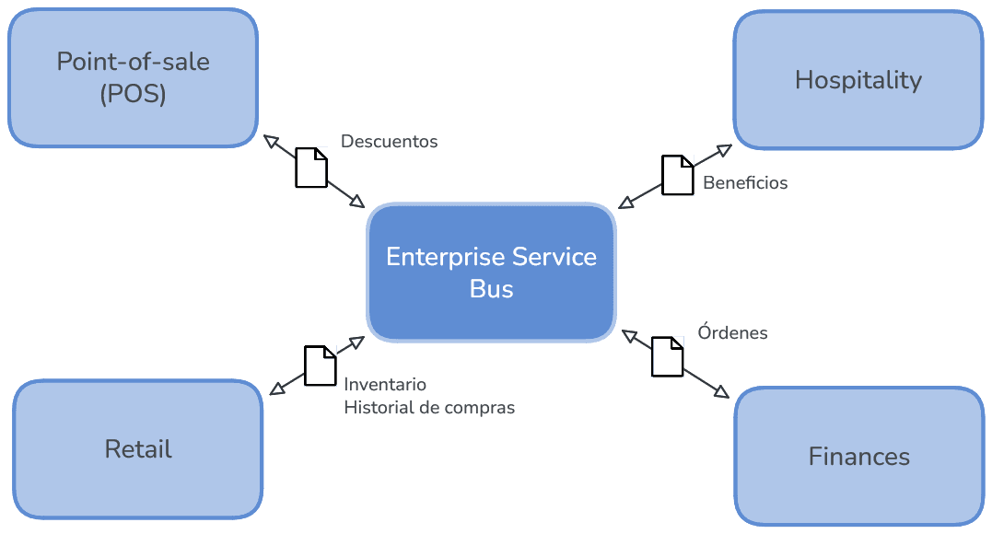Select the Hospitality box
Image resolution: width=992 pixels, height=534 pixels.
pyautogui.click(x=858, y=80)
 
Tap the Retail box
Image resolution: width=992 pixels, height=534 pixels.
pyautogui.click(x=138, y=449)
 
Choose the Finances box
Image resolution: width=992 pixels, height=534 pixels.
pyautogui.click(x=858, y=456)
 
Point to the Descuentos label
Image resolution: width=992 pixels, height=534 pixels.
pyautogui.click(x=389, y=142)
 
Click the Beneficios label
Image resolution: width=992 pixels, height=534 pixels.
pyautogui.click(x=745, y=182)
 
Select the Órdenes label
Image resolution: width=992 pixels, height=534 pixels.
pyautogui.click(x=732, y=332)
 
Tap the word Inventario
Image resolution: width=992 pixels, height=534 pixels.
pyautogui.click(x=385, y=384)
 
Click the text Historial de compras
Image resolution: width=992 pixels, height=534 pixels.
pyautogui.click(x=429, y=407)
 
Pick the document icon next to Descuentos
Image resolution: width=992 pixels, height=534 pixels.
pyautogui.click(x=311, y=167)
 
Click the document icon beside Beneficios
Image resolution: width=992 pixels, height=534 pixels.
pyautogui.click(x=678, y=175)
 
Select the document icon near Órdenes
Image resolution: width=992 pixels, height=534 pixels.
pyautogui.click(x=668, y=356)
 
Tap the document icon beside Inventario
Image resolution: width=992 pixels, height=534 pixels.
pyautogui.click(x=321, y=365)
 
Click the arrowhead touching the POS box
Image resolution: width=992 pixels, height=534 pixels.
pyautogui.click(x=271, y=141)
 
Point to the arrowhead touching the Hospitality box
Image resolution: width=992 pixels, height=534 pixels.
pyautogui.click(x=723, y=150)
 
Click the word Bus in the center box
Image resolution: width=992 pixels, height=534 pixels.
pyautogui.click(x=491, y=288)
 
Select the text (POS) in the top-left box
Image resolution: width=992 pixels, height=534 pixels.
pyautogui.click(x=133, y=94)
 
